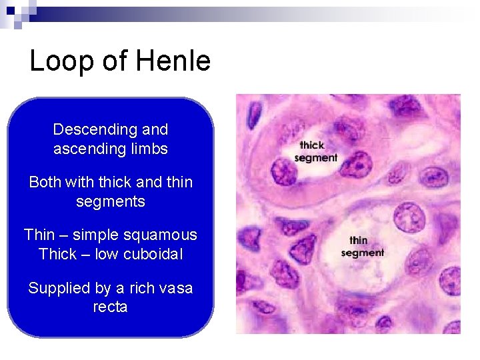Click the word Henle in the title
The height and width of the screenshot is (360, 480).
pyautogui.click(x=173, y=61)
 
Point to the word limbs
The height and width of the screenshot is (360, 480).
pyautogui.click(x=148, y=149)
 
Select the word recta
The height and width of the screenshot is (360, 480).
pyautogui.click(x=110, y=307)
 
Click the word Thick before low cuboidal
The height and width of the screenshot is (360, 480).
pyautogui.click(x=58, y=254)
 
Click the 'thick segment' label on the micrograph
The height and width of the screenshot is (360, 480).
pyautogui.click(x=315, y=151)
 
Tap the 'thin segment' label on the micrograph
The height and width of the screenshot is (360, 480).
pyautogui.click(x=362, y=247)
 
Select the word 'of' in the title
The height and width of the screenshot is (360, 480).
pyautogui.click(x=115, y=61)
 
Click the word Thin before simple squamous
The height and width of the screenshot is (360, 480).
pyautogui.click(x=39, y=235)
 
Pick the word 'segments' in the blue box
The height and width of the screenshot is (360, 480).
pyautogui.click(x=110, y=201)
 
